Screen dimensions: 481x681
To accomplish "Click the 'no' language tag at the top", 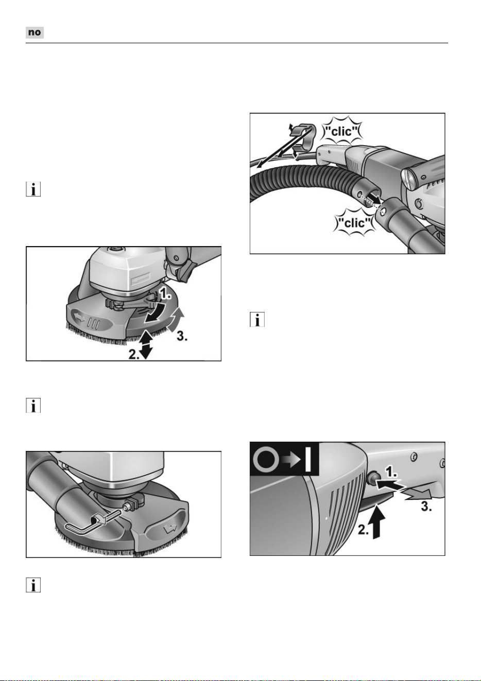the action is click(35, 32).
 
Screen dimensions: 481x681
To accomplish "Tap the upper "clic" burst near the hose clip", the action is click(341, 131).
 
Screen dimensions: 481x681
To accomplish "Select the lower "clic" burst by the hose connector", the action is click(354, 223).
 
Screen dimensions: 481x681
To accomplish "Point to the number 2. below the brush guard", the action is click(134, 354).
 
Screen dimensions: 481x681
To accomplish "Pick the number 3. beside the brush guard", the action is click(182, 336).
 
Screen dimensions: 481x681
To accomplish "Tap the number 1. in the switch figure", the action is click(391, 472).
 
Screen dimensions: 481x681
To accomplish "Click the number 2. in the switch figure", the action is click(363, 530).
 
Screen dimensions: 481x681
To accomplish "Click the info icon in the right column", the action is click(257, 319).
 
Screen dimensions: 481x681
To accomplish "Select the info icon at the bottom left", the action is click(33, 585).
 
